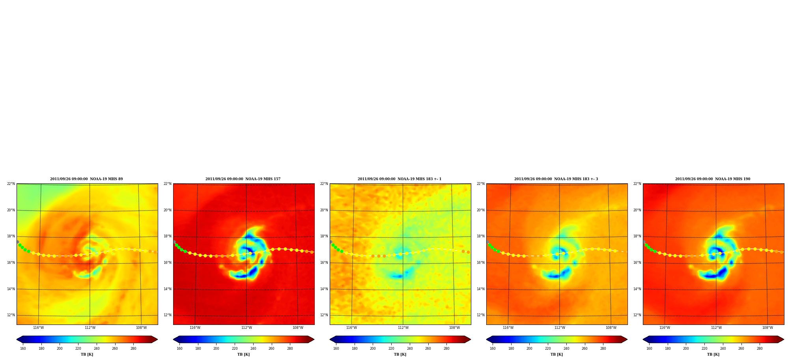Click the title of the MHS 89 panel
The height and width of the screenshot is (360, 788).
click(x=86, y=179)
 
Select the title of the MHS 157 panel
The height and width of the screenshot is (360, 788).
click(x=243, y=179)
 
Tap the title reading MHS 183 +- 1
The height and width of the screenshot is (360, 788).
click(x=400, y=179)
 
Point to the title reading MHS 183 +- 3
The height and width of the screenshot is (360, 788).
click(x=556, y=179)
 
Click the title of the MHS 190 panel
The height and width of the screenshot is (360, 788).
click(x=713, y=179)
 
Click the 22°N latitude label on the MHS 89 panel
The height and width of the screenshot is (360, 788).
click(x=11, y=184)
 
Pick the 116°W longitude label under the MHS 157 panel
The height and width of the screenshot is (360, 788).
click(x=195, y=328)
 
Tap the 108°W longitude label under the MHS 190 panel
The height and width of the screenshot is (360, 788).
click(x=767, y=328)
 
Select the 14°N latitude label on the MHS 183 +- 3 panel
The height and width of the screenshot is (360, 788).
click(x=481, y=289)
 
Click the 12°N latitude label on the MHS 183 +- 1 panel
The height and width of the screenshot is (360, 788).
click(x=324, y=315)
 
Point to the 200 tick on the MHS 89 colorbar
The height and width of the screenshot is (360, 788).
click(x=60, y=349)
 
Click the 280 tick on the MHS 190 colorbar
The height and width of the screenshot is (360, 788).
click(x=760, y=349)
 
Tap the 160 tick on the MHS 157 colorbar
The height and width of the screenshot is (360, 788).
click(x=179, y=349)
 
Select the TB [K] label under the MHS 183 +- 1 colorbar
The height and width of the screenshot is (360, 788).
click(x=400, y=354)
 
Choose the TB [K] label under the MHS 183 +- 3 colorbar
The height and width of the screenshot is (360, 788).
click(x=556, y=354)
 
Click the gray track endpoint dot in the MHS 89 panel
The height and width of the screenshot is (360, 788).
click(x=18, y=242)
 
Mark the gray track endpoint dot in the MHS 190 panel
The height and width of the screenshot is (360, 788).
click(x=644, y=242)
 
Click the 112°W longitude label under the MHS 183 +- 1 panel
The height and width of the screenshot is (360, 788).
click(x=403, y=328)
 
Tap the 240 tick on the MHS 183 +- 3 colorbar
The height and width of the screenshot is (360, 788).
click(x=566, y=349)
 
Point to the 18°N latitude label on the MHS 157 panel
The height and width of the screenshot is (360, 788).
click(x=168, y=237)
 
